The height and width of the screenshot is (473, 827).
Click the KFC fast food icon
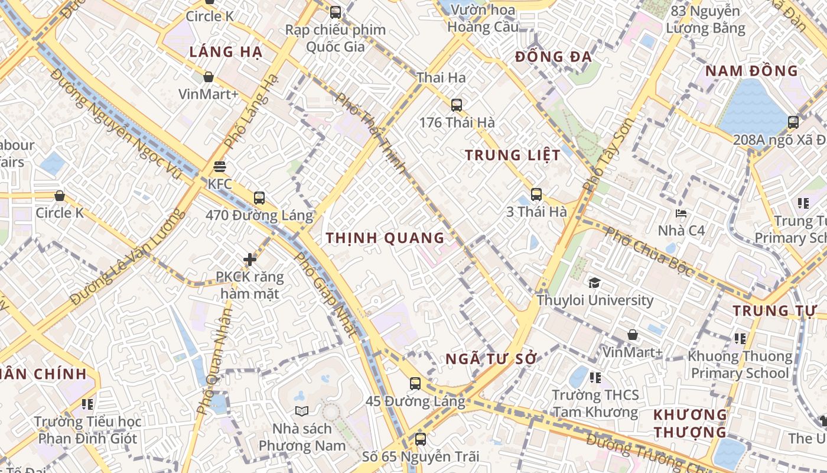(220, 167)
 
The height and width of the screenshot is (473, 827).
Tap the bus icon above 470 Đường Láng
(259, 198)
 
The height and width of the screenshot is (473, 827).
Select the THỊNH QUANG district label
(385, 238)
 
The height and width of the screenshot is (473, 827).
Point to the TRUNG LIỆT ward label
(512, 155)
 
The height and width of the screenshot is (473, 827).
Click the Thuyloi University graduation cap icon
(594, 283)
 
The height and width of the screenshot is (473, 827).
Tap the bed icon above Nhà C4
(681, 213)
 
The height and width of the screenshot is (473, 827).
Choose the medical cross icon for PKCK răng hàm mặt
(250, 259)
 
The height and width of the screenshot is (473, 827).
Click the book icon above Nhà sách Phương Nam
(301, 411)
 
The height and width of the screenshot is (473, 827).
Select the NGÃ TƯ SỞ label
(491, 359)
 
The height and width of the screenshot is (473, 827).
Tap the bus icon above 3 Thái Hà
(536, 194)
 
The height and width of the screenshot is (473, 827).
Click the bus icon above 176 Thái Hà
(456, 105)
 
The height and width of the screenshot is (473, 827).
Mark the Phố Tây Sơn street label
(608, 155)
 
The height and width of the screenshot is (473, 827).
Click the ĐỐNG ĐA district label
(553, 57)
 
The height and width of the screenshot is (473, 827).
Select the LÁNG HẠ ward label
(226, 52)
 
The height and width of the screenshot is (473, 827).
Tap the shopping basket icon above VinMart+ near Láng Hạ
(208, 77)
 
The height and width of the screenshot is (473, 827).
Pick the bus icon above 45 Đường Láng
(415, 383)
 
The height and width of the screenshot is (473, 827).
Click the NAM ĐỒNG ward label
(751, 71)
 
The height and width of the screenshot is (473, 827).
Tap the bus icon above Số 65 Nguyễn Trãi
(420, 439)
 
